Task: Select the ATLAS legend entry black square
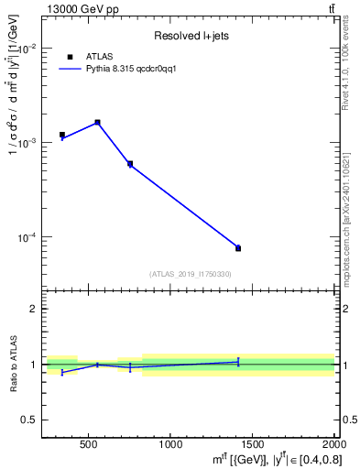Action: coord(70,56)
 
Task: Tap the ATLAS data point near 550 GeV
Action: coord(97,122)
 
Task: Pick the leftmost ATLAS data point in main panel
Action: coord(62,135)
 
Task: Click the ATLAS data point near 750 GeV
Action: coord(130,164)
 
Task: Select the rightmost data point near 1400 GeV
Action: coord(238,248)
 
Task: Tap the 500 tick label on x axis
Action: coord(89,445)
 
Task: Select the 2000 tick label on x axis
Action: coord(332,445)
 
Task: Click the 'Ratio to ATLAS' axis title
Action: coord(13,364)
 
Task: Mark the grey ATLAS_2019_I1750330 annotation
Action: coord(190,274)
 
